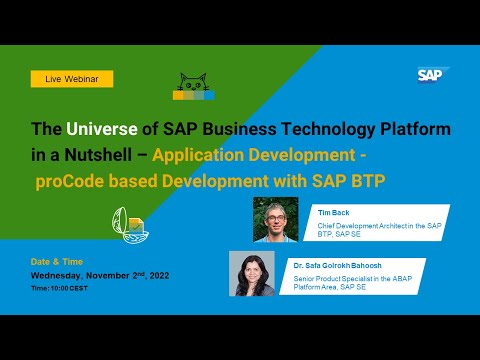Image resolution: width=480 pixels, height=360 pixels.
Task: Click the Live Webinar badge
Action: pos(71,78)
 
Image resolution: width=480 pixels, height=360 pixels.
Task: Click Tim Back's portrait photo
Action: pos(275,219)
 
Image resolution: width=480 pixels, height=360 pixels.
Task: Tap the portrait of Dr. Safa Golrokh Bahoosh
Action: pos(252,272)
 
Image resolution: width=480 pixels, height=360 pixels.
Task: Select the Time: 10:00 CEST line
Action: pos(60,287)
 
